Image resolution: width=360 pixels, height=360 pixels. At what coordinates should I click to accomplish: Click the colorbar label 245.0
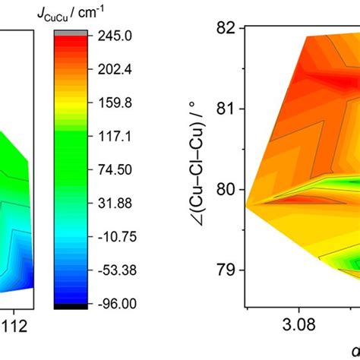[118, 35]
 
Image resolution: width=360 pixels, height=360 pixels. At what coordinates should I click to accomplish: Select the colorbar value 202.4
[118, 68]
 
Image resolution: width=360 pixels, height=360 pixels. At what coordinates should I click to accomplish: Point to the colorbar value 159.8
[118, 102]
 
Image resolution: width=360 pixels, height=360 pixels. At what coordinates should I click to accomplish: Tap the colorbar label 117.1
[118, 135]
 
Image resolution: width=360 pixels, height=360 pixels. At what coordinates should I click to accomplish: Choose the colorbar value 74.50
[118, 169]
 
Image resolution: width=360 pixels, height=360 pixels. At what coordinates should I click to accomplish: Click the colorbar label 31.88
[118, 203]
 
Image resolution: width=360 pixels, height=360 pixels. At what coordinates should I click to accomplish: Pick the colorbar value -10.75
[118, 236]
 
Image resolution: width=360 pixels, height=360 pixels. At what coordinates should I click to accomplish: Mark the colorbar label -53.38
[118, 270]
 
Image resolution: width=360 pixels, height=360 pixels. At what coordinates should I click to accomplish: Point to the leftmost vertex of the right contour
[247, 205]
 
